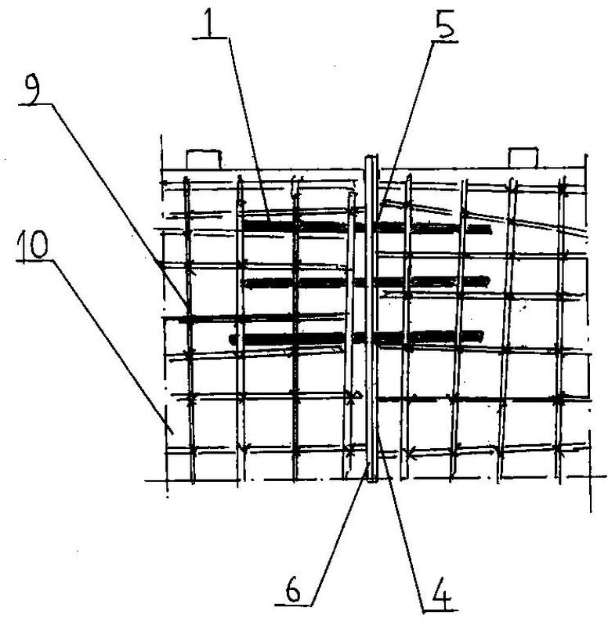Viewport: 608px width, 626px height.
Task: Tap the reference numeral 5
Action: coord(445,25)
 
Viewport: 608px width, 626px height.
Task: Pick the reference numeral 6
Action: coord(293,591)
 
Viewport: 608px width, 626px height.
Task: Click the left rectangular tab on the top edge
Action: coord(204,159)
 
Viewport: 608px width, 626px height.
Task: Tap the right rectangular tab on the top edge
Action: coord(523,157)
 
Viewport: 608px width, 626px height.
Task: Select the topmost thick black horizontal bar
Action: coord(367,227)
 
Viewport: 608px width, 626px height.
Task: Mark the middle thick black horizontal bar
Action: coord(365,282)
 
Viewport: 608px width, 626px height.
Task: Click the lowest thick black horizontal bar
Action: coord(356,338)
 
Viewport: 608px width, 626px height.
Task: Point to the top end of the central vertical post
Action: coord(371,157)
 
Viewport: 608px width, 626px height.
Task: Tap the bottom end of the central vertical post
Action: coord(371,481)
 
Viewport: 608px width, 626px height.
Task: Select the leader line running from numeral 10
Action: coord(114,346)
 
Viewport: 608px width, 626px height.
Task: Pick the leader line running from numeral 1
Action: coord(249,130)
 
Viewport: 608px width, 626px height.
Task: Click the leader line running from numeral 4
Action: coord(401,525)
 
